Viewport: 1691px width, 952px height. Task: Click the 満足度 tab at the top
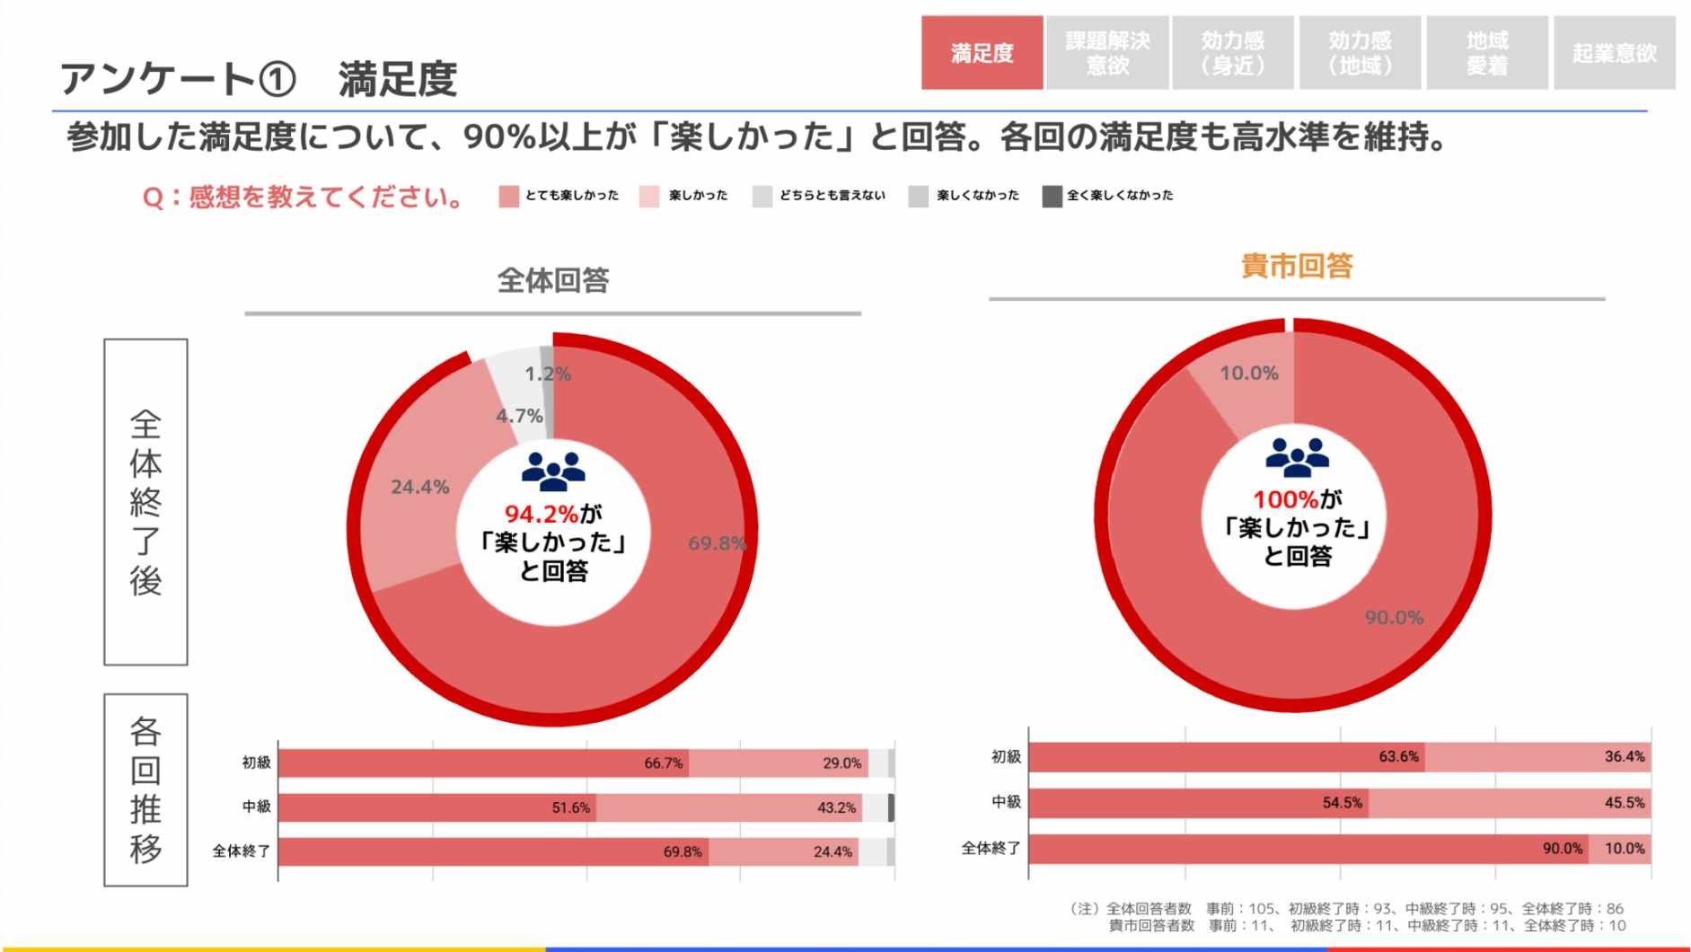pos(982,53)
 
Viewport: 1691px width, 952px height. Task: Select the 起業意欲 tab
pos(1614,53)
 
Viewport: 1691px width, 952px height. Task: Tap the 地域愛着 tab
pos(1486,53)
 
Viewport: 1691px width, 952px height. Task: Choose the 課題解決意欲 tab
pos(1107,53)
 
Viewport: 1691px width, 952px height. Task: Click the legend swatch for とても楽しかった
pos(509,196)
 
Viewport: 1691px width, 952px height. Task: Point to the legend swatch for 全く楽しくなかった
pos(1052,196)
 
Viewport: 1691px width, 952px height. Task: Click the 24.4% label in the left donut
pos(419,487)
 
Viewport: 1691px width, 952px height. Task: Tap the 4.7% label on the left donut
pos(519,416)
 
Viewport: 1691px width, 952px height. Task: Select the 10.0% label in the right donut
pos(1248,373)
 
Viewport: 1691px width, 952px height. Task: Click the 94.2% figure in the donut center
pos(541,514)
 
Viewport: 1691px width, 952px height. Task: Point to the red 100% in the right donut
pos(1285,499)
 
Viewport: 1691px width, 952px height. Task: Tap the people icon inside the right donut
pos(1297,456)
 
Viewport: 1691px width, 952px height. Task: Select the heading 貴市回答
pos(1296,266)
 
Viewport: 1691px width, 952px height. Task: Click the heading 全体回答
pos(553,280)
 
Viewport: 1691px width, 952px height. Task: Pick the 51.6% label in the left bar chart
pos(570,807)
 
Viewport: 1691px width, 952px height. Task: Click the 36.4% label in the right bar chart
pos(1624,757)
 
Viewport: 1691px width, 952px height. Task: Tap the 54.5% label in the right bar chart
pos(1342,803)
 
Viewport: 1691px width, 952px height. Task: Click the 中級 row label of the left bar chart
pos(256,807)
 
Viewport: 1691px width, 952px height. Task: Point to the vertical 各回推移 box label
pos(145,789)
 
